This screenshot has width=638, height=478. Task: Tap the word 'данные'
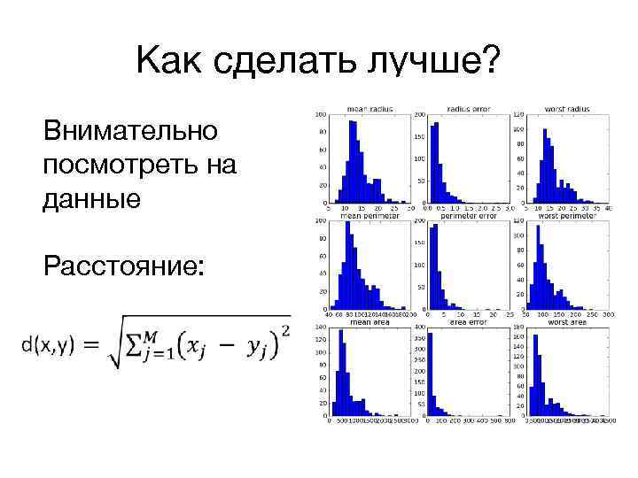click(90, 198)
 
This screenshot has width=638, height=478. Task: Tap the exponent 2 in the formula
click(284, 330)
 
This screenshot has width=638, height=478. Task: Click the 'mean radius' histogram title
click(366, 109)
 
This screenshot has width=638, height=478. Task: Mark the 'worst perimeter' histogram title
click(567, 215)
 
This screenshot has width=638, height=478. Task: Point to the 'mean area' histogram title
click(366, 322)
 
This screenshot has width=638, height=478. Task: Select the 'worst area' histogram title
click(567, 322)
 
